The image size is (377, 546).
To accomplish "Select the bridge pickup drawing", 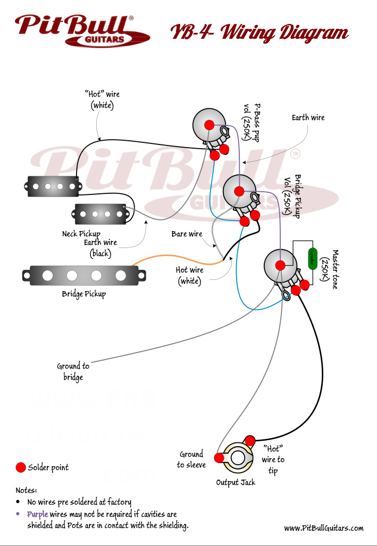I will (84, 275).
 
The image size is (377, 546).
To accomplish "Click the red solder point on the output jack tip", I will (249, 440).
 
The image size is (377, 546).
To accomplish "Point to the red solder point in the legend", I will (20, 467).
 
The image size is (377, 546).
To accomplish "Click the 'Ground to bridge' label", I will (73, 371).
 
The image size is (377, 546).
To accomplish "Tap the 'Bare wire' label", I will (187, 234).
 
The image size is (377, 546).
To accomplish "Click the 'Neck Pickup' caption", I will (81, 234).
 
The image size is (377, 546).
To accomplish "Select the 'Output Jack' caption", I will (236, 482).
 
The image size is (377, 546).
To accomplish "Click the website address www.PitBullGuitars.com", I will (323, 528).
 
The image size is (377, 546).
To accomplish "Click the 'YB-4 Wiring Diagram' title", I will (259, 33).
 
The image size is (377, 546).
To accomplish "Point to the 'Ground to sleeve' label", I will (191, 459).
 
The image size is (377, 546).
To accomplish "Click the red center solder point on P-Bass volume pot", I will (210, 125).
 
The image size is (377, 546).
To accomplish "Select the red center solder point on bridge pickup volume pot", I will (239, 191).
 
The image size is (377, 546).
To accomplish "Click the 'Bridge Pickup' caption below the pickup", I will (84, 294).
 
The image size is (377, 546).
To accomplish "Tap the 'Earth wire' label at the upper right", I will (308, 117).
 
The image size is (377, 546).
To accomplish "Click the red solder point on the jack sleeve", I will (219, 458).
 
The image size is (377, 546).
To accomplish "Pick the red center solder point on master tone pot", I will (280, 265).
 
